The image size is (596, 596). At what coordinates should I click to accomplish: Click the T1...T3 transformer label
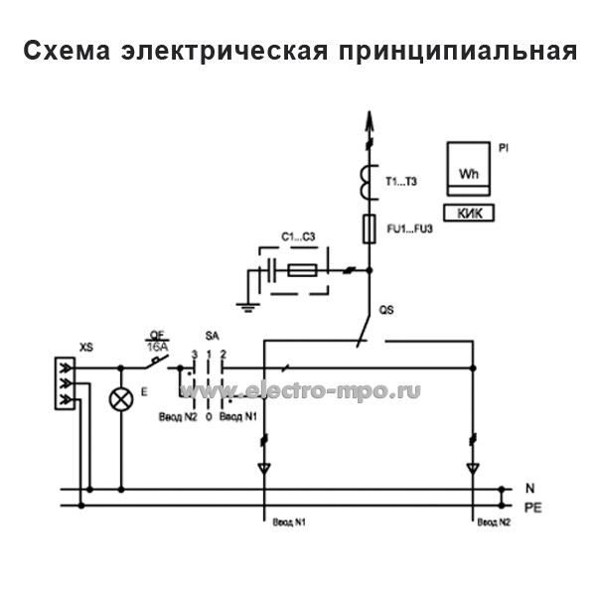click(402, 182)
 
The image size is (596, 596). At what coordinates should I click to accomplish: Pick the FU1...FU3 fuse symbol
click(370, 227)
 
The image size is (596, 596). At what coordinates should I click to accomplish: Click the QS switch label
click(387, 312)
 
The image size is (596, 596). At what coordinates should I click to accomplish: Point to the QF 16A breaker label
click(156, 340)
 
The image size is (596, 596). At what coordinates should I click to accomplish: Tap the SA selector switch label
click(211, 337)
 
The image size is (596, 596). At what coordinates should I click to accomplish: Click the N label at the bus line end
click(529, 489)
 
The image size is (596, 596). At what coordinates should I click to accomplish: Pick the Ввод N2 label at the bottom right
click(493, 521)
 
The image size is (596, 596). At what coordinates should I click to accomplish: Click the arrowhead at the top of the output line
click(370, 123)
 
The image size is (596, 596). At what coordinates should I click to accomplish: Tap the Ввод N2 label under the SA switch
click(177, 417)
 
